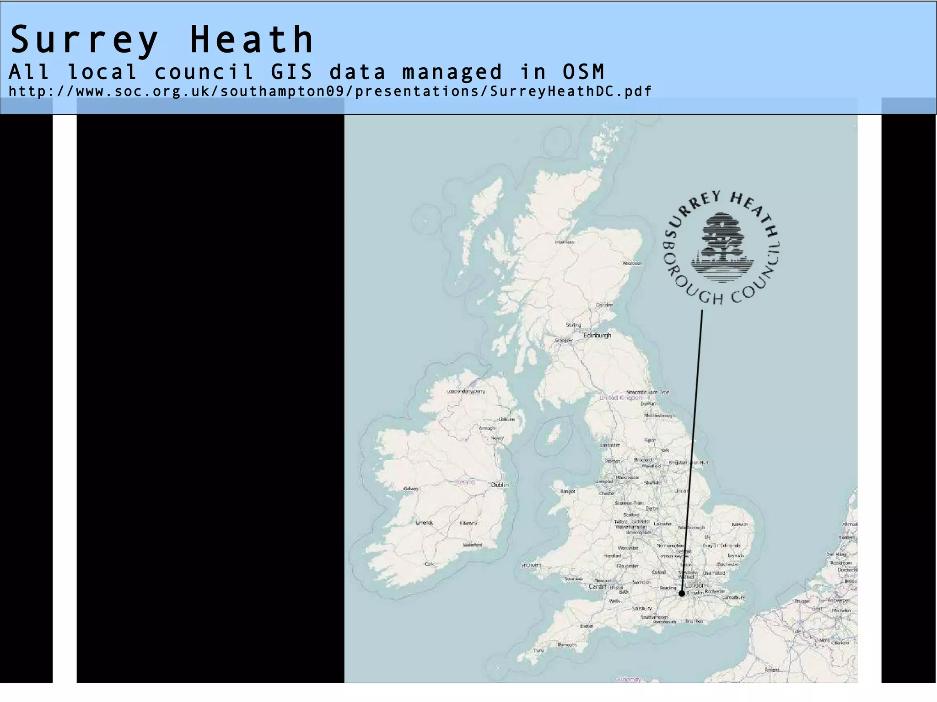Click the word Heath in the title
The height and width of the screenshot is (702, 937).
(x=251, y=40)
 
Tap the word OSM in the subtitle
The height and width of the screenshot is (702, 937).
(x=583, y=72)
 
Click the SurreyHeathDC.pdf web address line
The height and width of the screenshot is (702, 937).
(x=330, y=91)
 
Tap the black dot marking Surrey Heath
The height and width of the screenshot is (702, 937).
(x=682, y=594)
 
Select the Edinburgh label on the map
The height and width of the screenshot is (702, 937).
(x=597, y=335)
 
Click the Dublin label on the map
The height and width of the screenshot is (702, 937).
(x=499, y=485)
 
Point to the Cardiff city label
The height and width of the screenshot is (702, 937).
(x=597, y=587)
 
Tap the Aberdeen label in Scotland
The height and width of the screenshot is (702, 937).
(x=632, y=263)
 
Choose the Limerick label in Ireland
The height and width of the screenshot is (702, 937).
(x=424, y=522)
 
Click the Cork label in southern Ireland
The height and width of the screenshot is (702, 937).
(x=429, y=564)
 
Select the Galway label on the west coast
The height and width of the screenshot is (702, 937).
(x=410, y=489)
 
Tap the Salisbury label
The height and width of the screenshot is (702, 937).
(x=641, y=609)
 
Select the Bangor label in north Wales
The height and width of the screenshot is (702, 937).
(x=567, y=492)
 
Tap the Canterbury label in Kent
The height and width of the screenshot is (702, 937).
(x=734, y=597)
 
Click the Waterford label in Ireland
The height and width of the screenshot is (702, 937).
(x=472, y=545)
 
